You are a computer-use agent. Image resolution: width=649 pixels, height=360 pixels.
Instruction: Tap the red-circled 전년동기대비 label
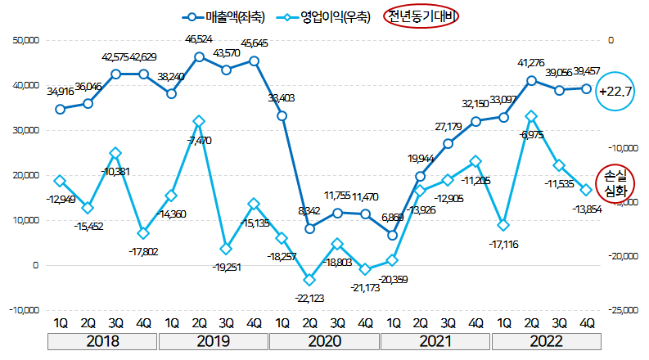pos(423,16)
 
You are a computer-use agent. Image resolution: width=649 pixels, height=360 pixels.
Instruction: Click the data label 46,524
pos(199,39)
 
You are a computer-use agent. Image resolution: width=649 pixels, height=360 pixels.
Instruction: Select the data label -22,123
pos(309,298)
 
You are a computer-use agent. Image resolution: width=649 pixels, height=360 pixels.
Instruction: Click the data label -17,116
pos(503,244)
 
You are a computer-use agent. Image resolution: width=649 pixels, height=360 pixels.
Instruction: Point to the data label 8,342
pos(309,210)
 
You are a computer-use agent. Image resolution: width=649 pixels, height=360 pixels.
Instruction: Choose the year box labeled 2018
pos(102,340)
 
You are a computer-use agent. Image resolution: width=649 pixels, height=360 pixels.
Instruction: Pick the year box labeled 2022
pos(547,340)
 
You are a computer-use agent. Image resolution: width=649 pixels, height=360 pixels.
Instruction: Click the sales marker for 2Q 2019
pos(200,57)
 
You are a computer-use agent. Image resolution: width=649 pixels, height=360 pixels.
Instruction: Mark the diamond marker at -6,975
pos(532,117)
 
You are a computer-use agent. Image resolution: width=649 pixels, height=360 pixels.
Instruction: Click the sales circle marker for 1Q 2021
pos(393,236)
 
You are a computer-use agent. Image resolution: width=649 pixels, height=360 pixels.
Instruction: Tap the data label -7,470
pos(200,141)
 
